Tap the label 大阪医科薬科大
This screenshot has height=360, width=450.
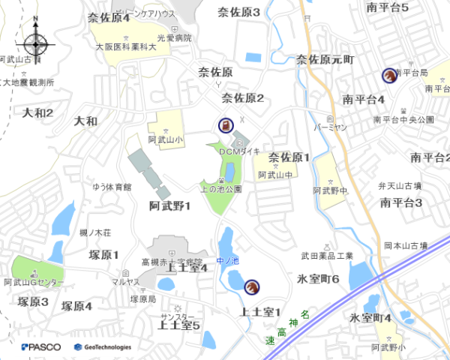125,46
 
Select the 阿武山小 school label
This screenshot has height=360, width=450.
165,139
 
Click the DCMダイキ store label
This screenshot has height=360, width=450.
239,151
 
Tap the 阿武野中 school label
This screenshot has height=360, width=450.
331,192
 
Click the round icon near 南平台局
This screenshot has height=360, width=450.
389,75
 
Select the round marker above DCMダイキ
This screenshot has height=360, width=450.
225,126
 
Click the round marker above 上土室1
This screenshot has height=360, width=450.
252,286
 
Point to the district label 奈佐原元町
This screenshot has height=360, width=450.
325,58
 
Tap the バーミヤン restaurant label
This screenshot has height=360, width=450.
331,127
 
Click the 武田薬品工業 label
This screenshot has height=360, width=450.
326,256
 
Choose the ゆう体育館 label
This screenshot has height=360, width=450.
112,187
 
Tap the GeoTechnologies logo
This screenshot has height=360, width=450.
103,346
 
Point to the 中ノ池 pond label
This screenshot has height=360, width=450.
226,261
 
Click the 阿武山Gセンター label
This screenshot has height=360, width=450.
34,283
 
